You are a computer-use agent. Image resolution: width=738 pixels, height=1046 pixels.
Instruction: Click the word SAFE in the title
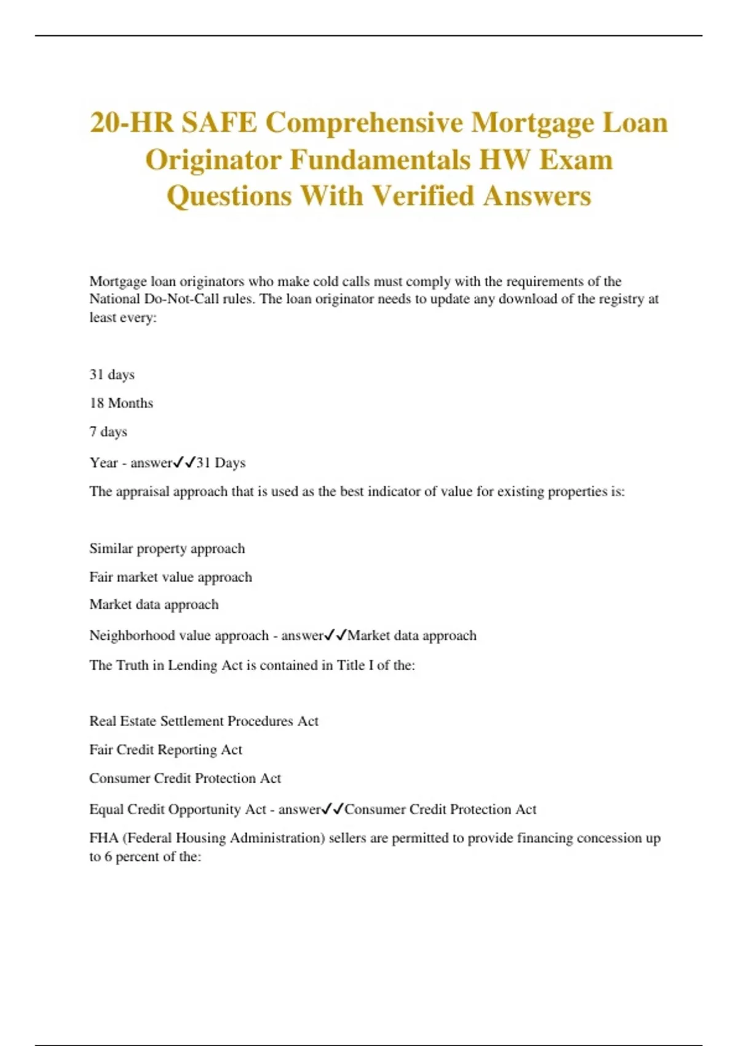(x=218, y=122)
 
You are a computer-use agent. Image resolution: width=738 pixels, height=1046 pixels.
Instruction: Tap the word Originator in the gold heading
(x=213, y=160)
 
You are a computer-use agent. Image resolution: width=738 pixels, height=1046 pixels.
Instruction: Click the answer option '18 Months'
(x=121, y=403)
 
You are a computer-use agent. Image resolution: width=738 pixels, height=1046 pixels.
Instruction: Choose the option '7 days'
(x=108, y=432)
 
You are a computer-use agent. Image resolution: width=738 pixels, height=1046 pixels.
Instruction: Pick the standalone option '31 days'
(x=112, y=375)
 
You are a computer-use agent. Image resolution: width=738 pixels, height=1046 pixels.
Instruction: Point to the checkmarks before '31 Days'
(x=184, y=462)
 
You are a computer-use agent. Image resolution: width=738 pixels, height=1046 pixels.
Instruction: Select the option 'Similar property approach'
(x=167, y=548)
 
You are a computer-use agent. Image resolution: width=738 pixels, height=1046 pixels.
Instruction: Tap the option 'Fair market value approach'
(x=170, y=577)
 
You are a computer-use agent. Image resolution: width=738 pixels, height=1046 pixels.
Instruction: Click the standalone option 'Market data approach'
(x=154, y=604)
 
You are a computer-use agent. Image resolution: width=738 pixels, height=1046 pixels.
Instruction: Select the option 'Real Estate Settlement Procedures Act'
(x=204, y=721)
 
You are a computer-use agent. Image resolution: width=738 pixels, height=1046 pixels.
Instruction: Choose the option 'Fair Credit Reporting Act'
(x=165, y=749)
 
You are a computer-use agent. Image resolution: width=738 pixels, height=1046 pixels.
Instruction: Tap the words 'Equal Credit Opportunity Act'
(x=178, y=809)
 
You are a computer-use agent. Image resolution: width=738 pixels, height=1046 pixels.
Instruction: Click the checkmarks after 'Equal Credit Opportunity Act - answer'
(x=333, y=809)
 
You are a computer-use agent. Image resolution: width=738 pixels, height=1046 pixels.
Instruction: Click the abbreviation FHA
(x=104, y=838)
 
